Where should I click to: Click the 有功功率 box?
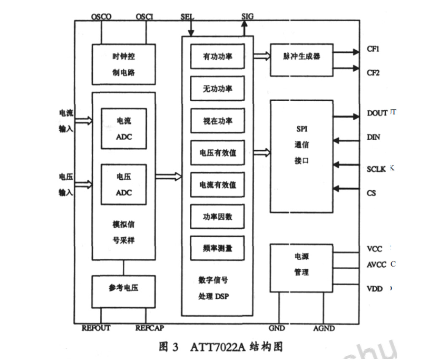pyautogui.click(x=217, y=57)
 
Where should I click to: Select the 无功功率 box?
pyautogui.click(x=217, y=89)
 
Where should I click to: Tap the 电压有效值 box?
pyautogui.click(x=217, y=152)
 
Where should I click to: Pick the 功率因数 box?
pyautogui.click(x=217, y=217)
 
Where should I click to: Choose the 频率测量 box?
pyautogui.click(x=217, y=248)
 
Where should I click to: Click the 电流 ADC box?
pyautogui.click(x=124, y=128)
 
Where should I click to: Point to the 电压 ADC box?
pyautogui.click(x=124, y=184)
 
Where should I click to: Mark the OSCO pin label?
pyautogui.click(x=101, y=17)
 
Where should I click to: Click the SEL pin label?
pyautogui.click(x=187, y=17)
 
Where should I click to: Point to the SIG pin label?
pyautogui.click(x=248, y=16)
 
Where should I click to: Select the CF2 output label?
pyautogui.click(x=373, y=73)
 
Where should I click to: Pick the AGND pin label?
pyautogui.click(x=324, y=328)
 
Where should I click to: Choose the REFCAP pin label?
pyautogui.click(x=150, y=328)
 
